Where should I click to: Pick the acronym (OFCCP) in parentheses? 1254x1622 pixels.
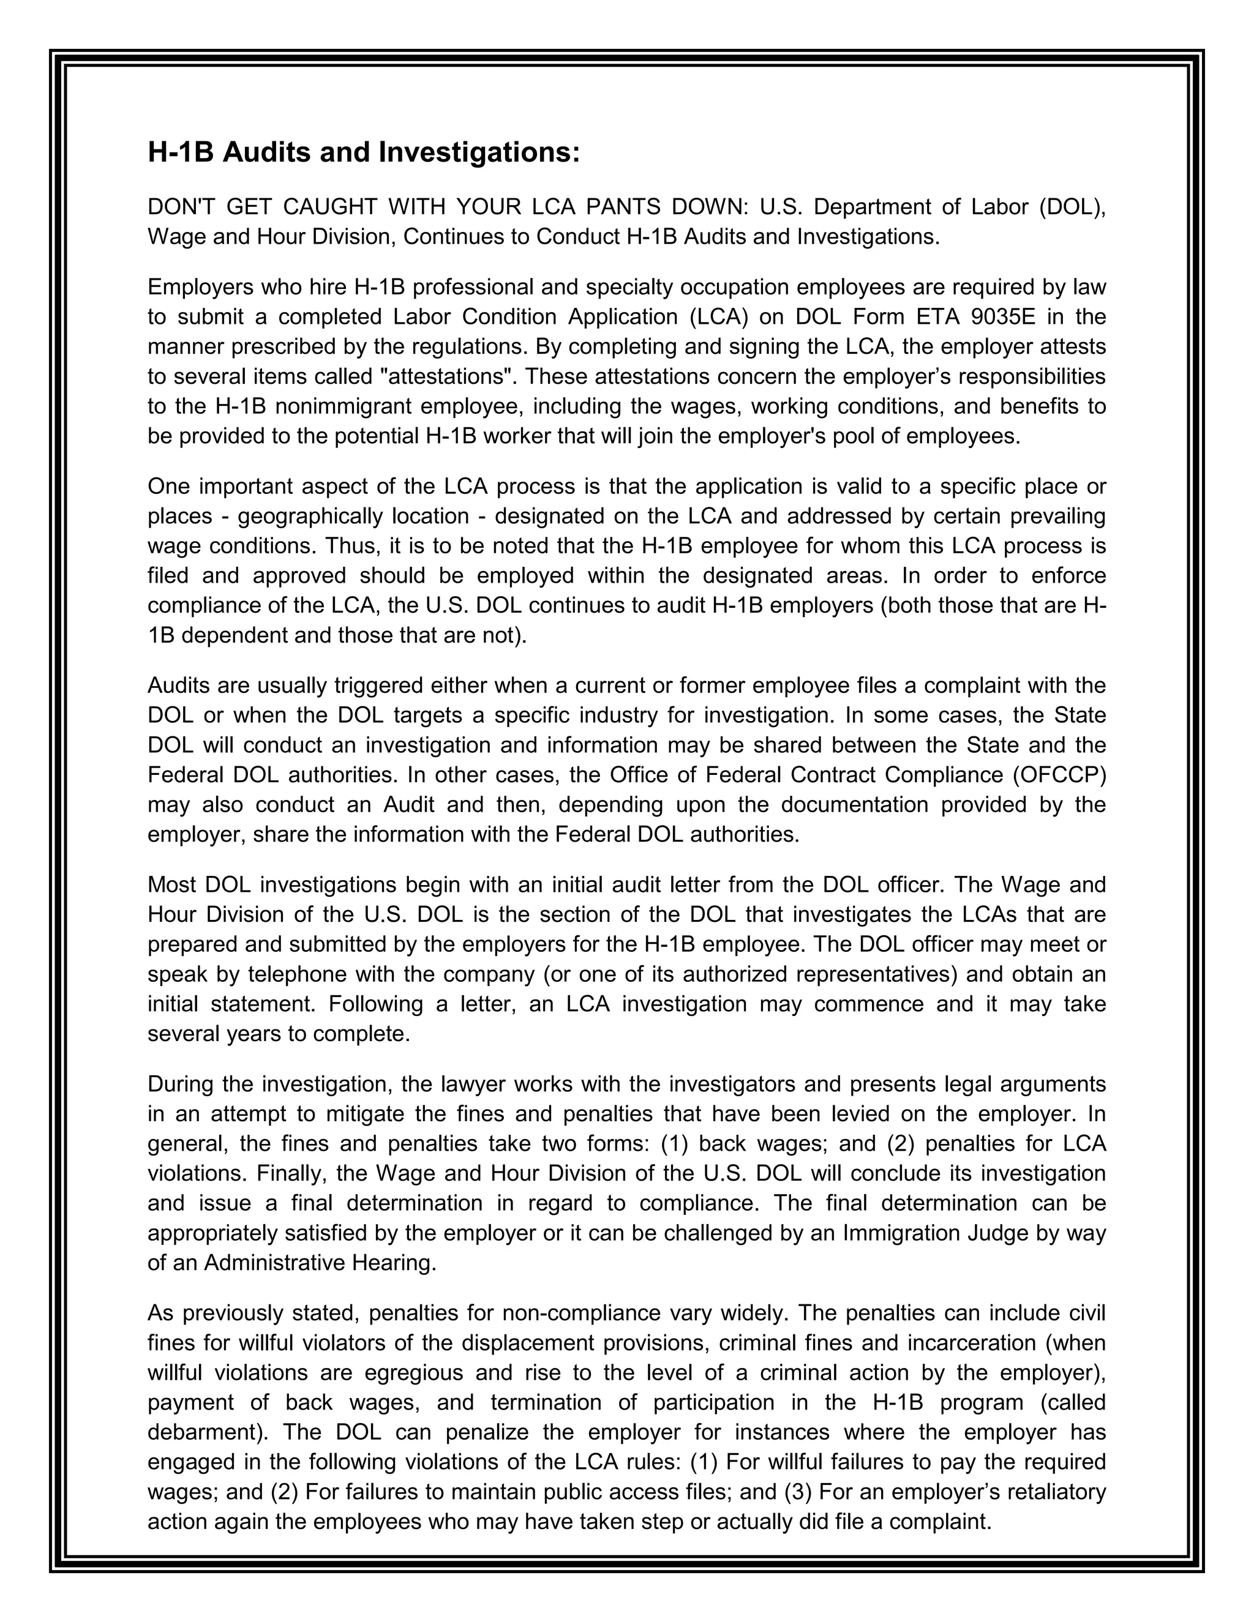click(x=1059, y=775)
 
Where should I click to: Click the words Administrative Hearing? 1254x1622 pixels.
click(x=320, y=1263)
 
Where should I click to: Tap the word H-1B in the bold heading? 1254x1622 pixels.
click(x=181, y=153)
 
